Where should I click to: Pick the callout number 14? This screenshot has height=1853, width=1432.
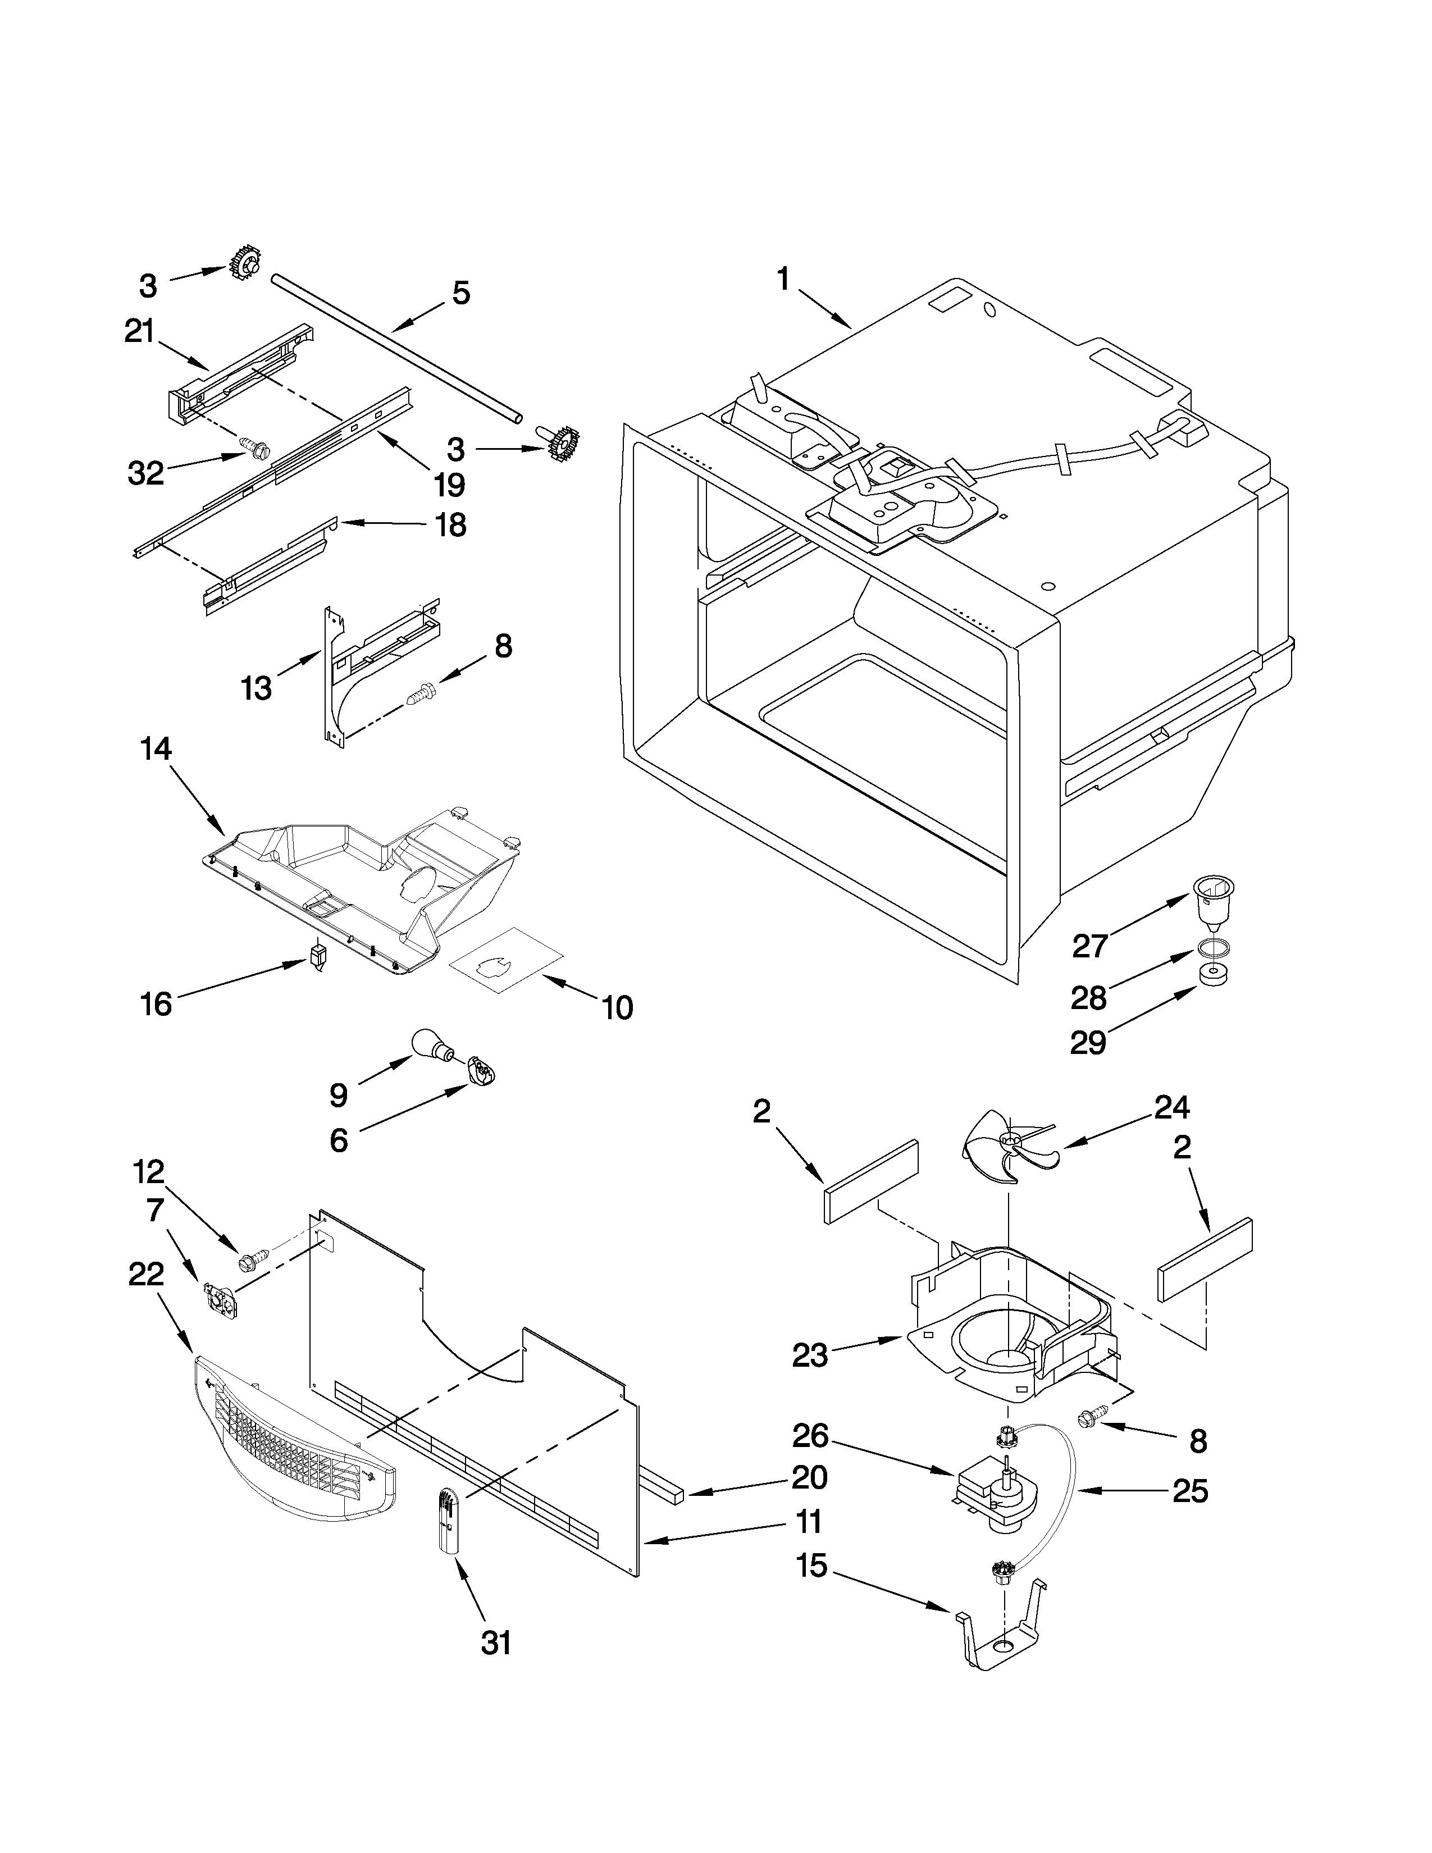pyautogui.click(x=157, y=748)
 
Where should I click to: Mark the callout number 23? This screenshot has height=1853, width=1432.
pyautogui.click(x=809, y=1355)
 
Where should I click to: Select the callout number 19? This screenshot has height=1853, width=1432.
pyautogui.click(x=450, y=485)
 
